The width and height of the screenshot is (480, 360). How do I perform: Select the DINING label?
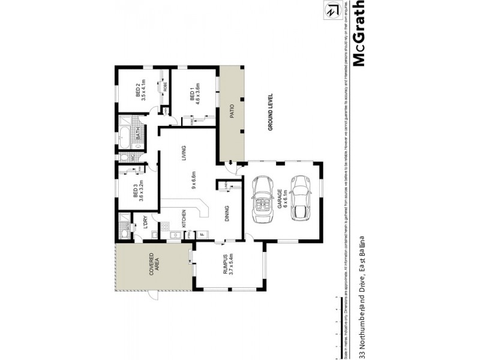227,215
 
